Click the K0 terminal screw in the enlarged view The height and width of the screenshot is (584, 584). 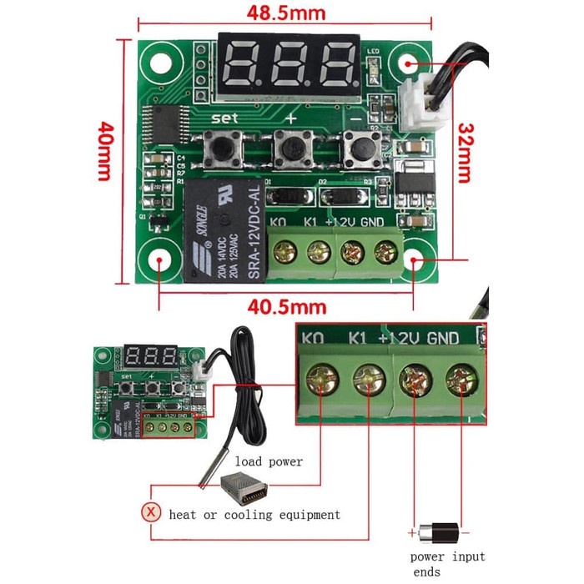tap(318, 381)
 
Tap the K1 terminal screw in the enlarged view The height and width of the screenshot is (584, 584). tap(366, 381)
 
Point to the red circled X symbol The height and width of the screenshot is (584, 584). tap(150, 513)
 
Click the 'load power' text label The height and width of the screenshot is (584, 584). tap(269, 461)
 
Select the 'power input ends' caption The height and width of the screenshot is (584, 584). tap(447, 564)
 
